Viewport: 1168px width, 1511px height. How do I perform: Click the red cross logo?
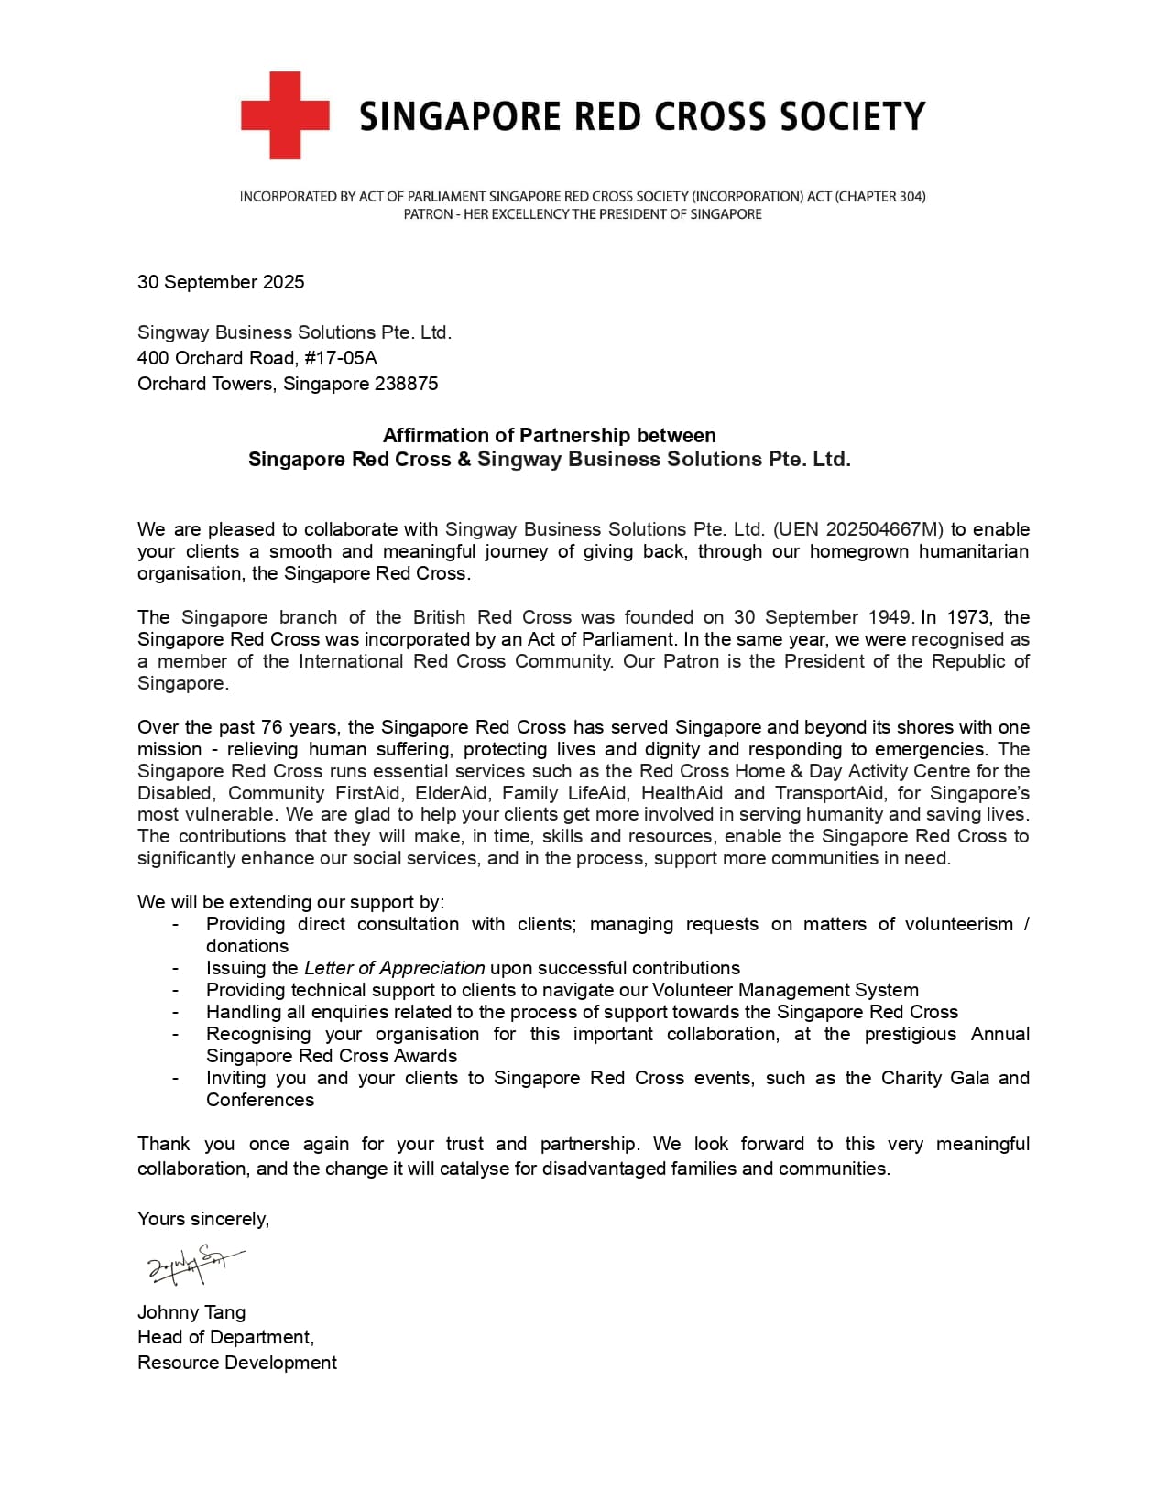point(285,115)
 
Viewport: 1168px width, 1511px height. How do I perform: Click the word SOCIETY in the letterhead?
point(852,116)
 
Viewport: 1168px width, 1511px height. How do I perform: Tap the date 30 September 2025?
point(221,282)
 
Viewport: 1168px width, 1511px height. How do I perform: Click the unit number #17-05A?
point(341,358)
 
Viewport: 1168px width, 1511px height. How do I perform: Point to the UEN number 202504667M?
point(884,529)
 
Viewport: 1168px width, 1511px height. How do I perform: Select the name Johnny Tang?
point(191,1312)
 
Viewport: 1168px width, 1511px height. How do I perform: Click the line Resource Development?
point(236,1363)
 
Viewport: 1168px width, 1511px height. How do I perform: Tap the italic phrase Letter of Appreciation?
point(394,968)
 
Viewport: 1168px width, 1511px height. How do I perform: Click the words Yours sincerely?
point(203,1219)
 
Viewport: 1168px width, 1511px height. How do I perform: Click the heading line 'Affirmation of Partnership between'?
point(549,435)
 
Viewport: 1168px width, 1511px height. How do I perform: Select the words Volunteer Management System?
point(785,990)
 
